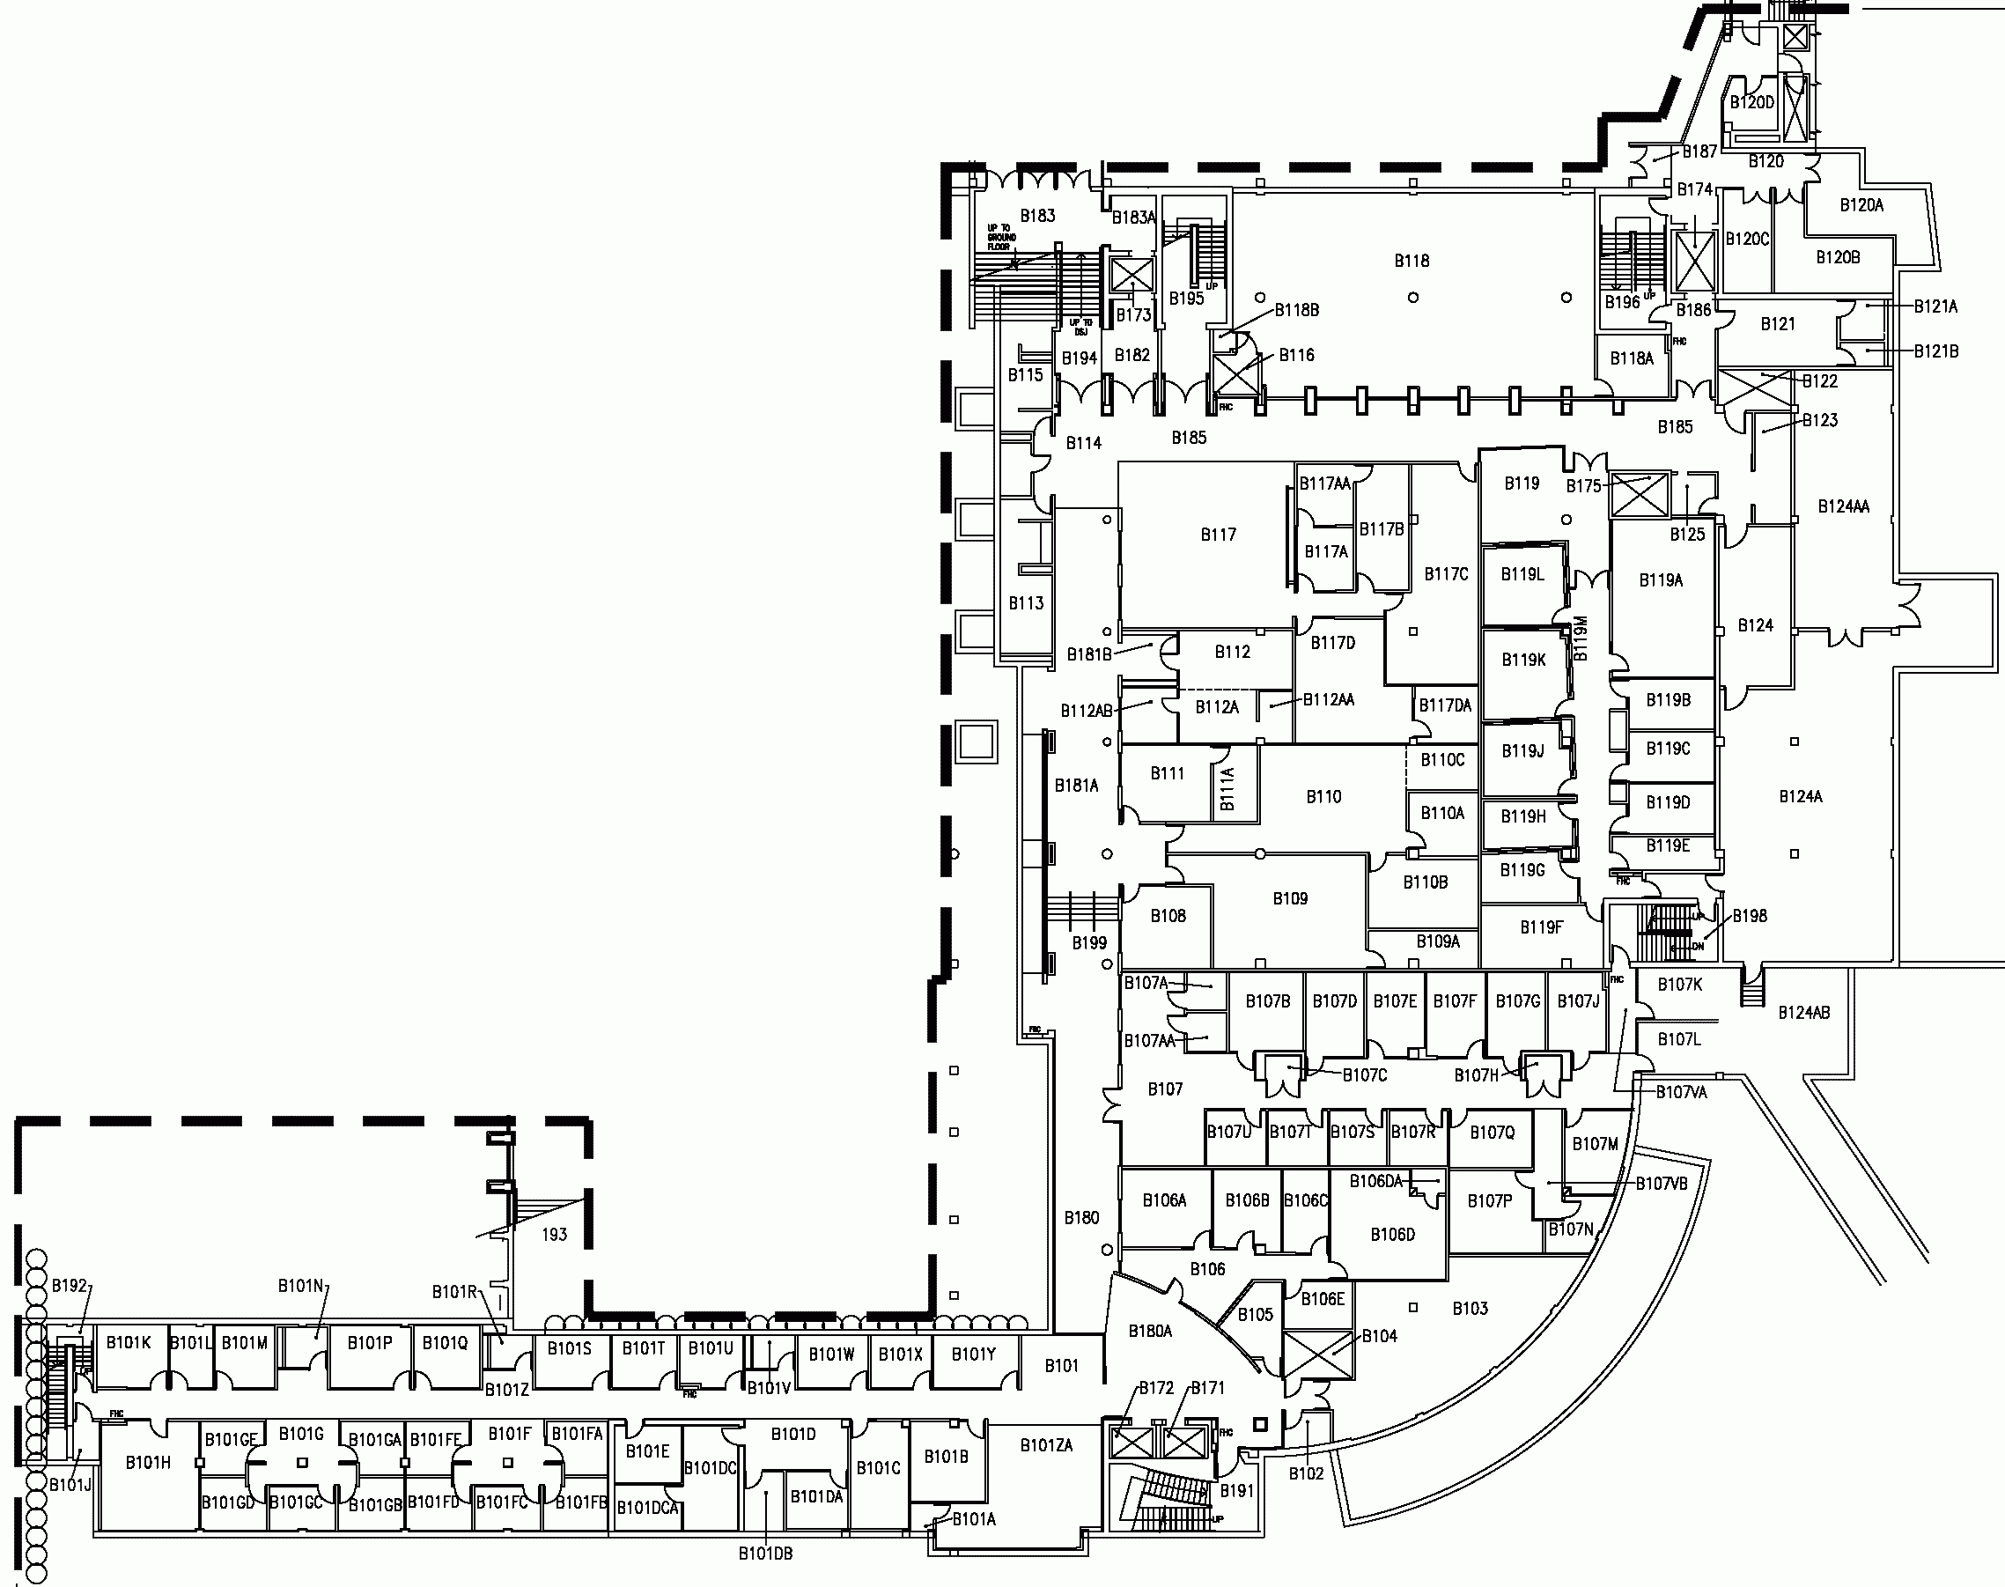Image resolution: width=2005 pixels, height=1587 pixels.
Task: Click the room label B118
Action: (x=1411, y=261)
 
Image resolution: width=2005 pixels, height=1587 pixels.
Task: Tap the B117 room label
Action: (x=1218, y=535)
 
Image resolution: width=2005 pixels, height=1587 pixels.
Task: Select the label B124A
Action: (x=1800, y=796)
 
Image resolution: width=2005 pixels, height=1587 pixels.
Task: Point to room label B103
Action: (x=1470, y=1308)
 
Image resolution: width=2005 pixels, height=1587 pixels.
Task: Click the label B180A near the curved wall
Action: (x=1150, y=1332)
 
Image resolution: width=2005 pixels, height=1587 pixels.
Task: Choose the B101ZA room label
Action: (x=1046, y=1445)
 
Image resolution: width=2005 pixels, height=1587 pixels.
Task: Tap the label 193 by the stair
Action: (x=555, y=1235)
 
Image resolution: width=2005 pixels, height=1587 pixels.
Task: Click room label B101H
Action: (x=148, y=1463)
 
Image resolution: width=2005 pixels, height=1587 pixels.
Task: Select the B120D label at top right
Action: (x=1751, y=102)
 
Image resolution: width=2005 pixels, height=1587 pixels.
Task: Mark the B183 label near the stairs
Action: (x=1038, y=216)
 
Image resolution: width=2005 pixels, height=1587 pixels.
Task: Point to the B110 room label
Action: (x=1323, y=796)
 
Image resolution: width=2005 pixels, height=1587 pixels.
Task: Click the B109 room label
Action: (x=1290, y=898)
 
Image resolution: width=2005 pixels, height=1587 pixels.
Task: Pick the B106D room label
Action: (x=1392, y=1235)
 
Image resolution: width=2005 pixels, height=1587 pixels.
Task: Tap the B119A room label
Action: (x=1661, y=579)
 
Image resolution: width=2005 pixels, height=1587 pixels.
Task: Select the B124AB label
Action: (x=1803, y=1013)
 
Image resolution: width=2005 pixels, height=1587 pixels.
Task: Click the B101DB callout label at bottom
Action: (x=765, y=1554)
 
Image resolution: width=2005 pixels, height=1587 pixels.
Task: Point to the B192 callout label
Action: (x=70, y=1286)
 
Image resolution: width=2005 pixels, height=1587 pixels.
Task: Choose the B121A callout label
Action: (x=1935, y=306)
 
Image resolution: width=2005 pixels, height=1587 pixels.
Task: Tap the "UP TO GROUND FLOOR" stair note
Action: (x=1001, y=238)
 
